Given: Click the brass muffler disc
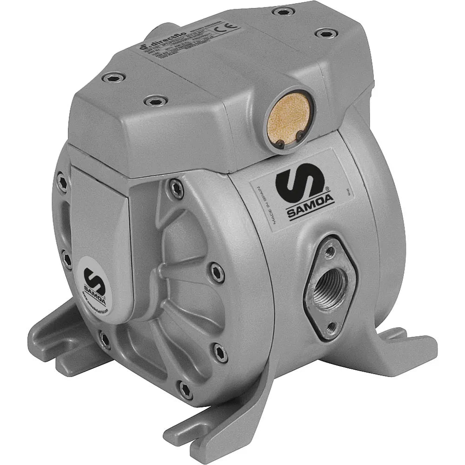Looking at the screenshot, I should [286, 120].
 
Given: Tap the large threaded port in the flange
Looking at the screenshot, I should [331, 283].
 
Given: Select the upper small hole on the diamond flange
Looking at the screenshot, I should [331, 252].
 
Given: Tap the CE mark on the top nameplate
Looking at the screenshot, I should [231, 27].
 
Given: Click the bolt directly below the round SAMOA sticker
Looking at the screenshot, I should [105, 339].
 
